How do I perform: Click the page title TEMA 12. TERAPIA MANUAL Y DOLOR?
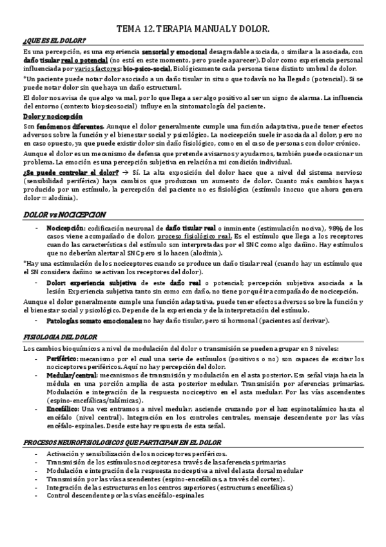coord(192,30)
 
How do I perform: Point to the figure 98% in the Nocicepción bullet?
coord(336,228)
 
